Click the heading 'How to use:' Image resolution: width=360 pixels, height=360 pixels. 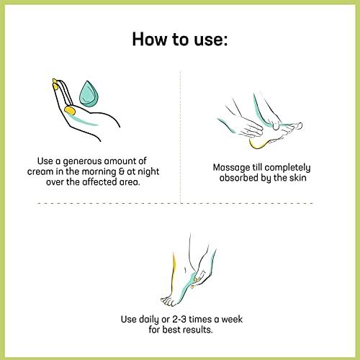pyautogui.click(x=180, y=39)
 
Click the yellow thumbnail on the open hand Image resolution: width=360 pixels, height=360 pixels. pyautogui.click(x=70, y=111)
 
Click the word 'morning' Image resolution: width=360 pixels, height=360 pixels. pyautogui.click(x=99, y=172)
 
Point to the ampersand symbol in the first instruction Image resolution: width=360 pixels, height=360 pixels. pyautogui.click(x=122, y=172)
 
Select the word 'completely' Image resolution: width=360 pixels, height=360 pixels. pyautogui.click(x=287, y=168)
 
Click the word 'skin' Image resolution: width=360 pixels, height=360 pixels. pyautogui.click(x=298, y=178)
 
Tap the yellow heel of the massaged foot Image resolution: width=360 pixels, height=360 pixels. pyautogui.click(x=258, y=143)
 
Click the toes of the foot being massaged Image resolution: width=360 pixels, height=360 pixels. pyautogui.click(x=294, y=127)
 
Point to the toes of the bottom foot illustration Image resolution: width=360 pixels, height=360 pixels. pyautogui.click(x=168, y=301)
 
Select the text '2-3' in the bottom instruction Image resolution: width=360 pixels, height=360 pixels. pyautogui.click(x=179, y=320)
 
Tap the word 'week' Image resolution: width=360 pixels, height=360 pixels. pyautogui.click(x=232, y=320)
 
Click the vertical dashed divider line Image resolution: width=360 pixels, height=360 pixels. pyautogui.click(x=180, y=137)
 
